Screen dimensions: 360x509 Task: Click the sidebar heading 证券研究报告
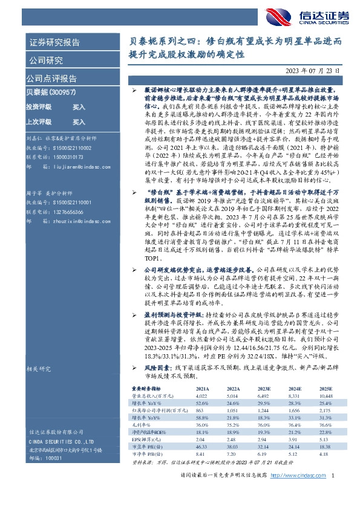[x=53, y=43]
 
